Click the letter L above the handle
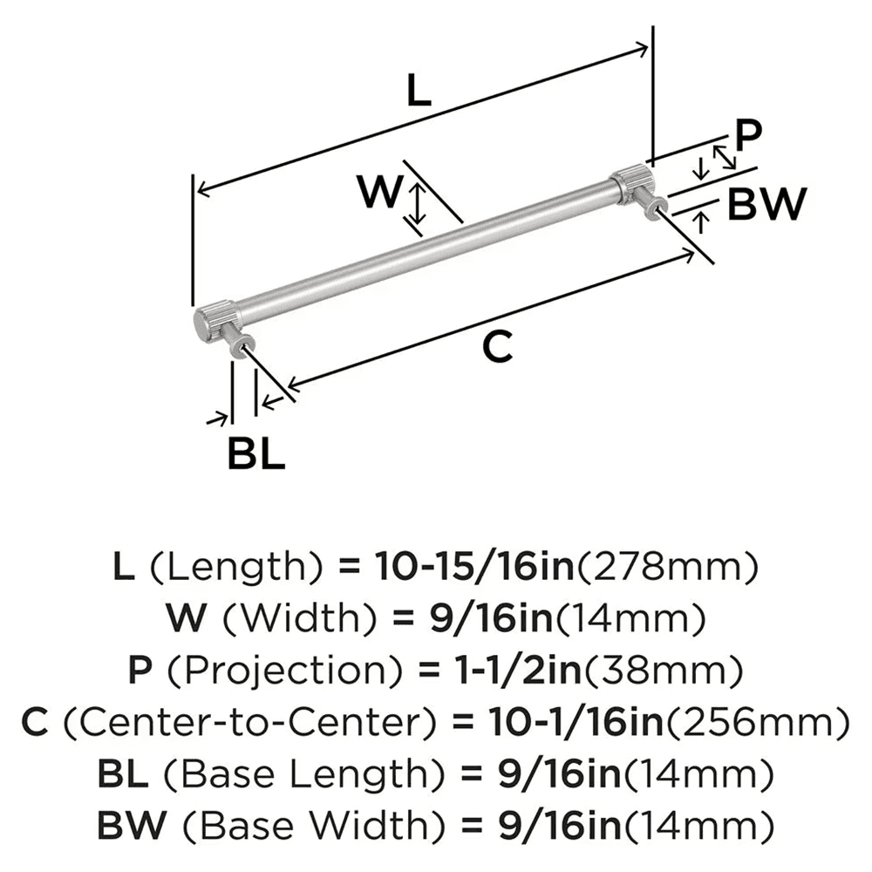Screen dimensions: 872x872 pos(419,91)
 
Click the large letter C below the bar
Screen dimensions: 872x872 pos(495,347)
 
